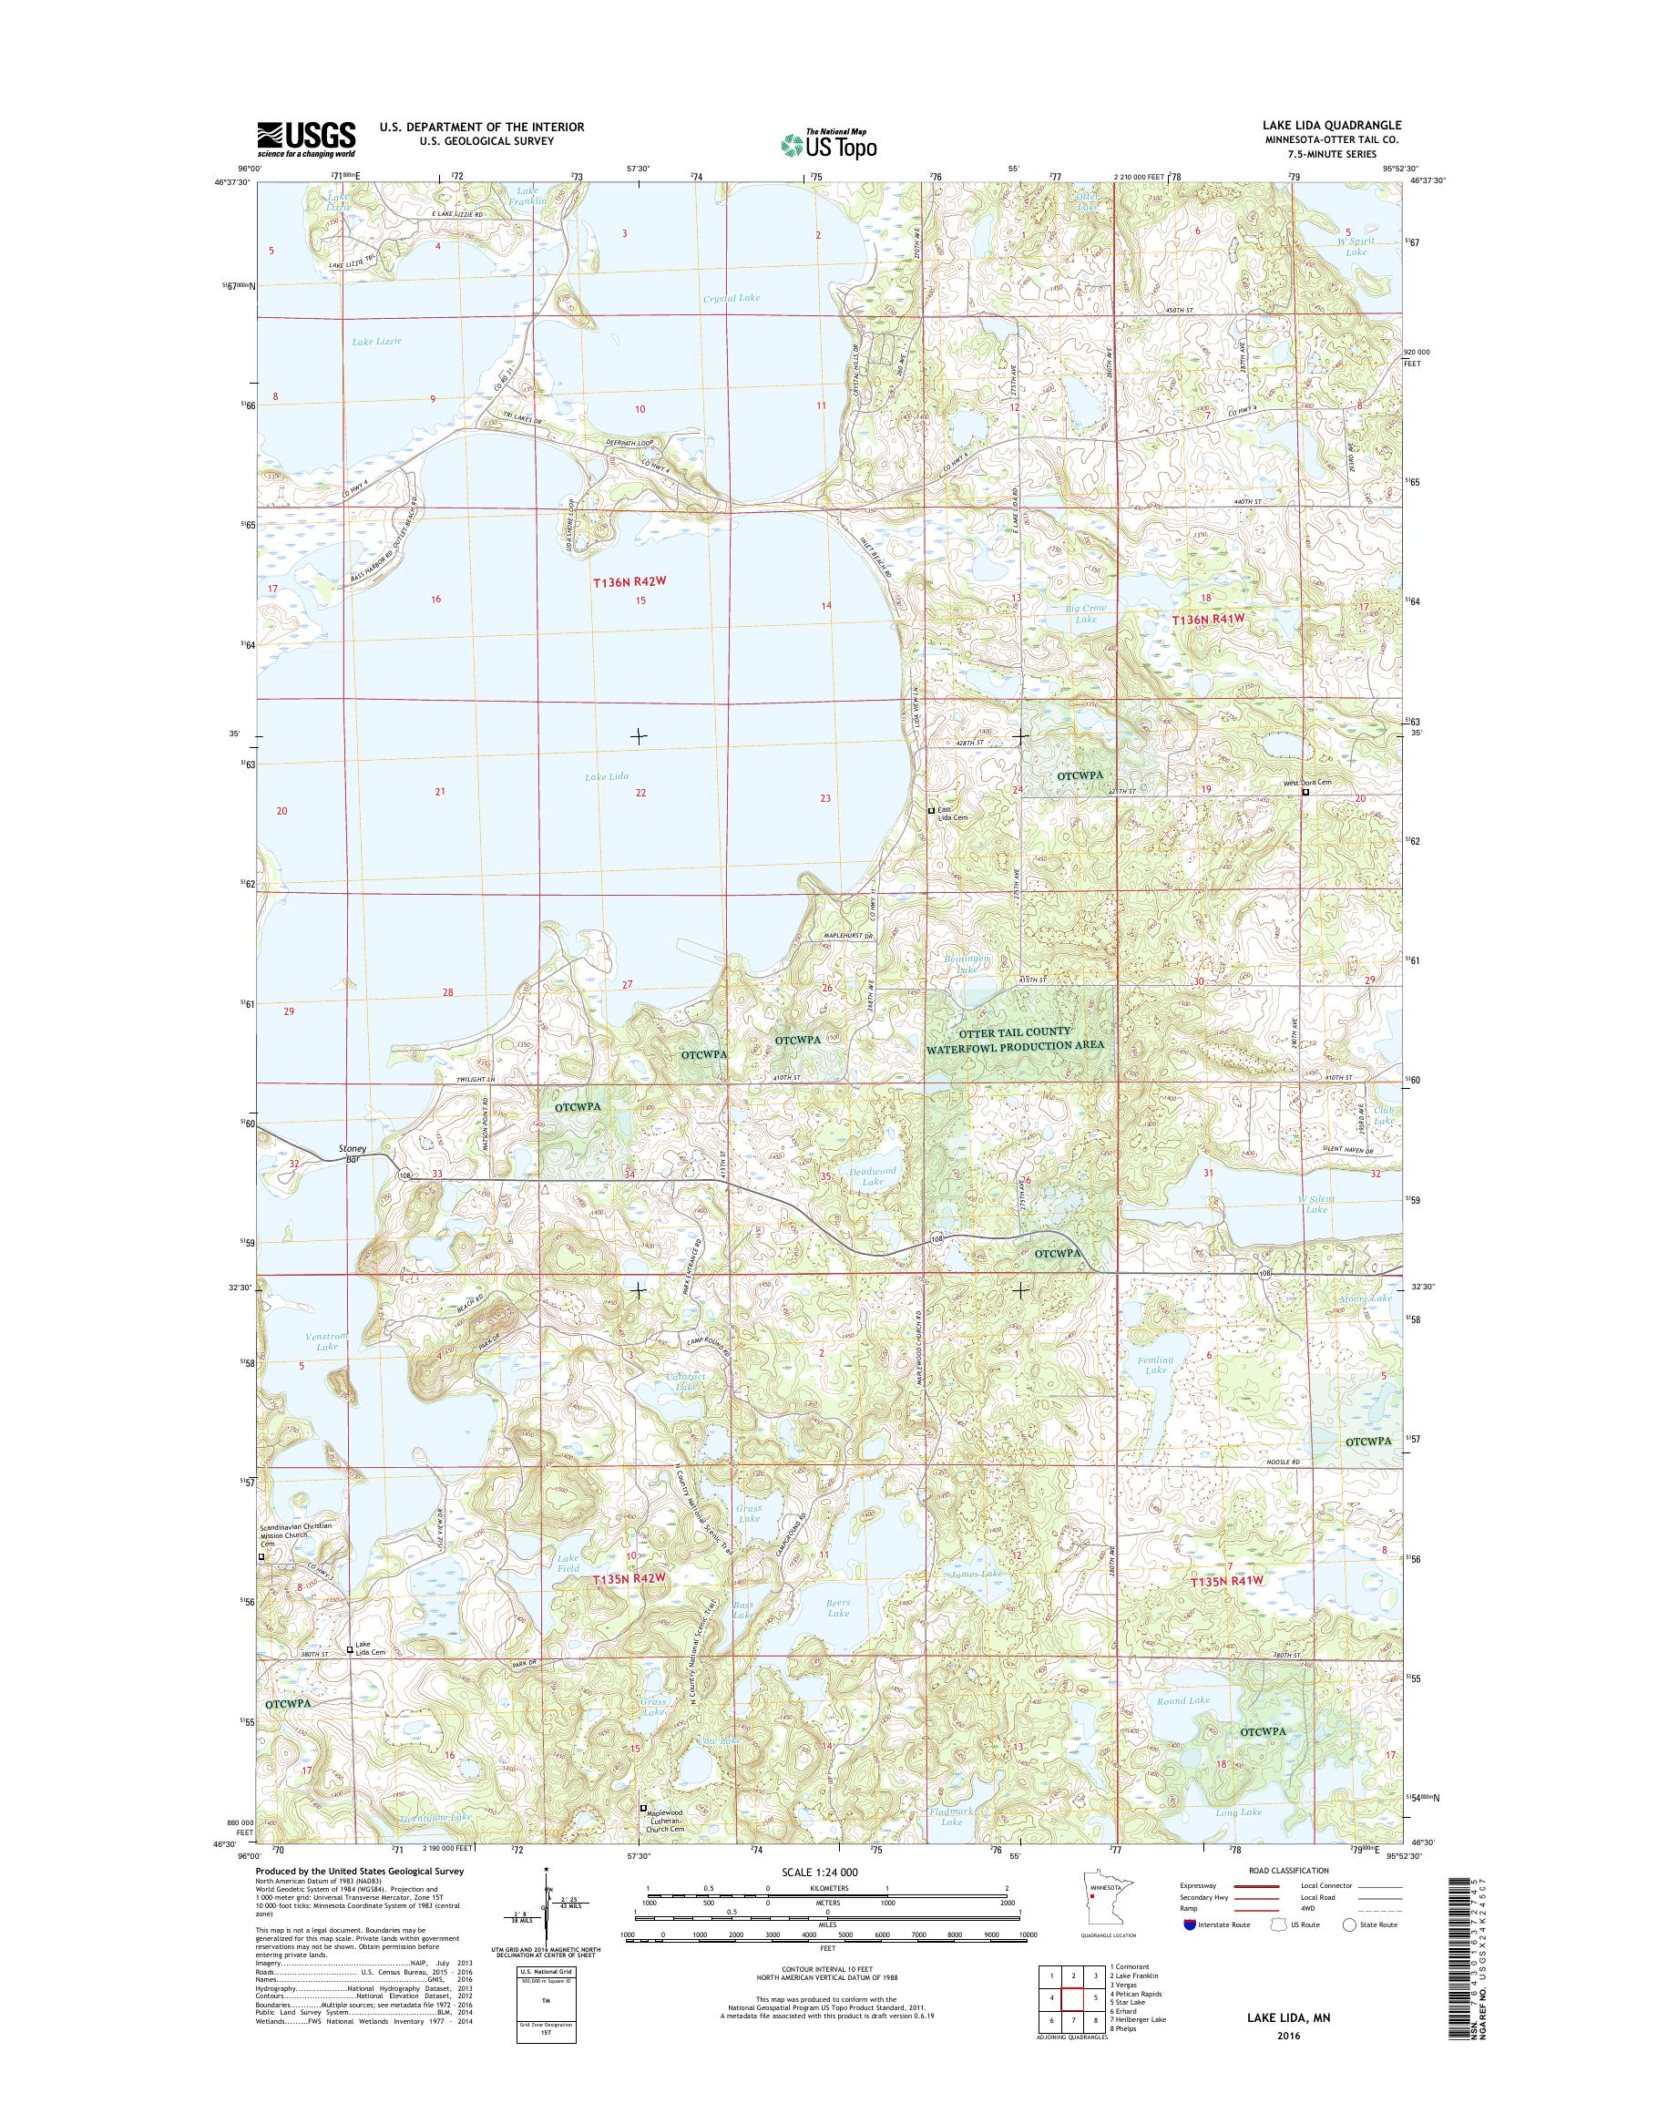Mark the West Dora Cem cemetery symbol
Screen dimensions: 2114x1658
coord(1305,793)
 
